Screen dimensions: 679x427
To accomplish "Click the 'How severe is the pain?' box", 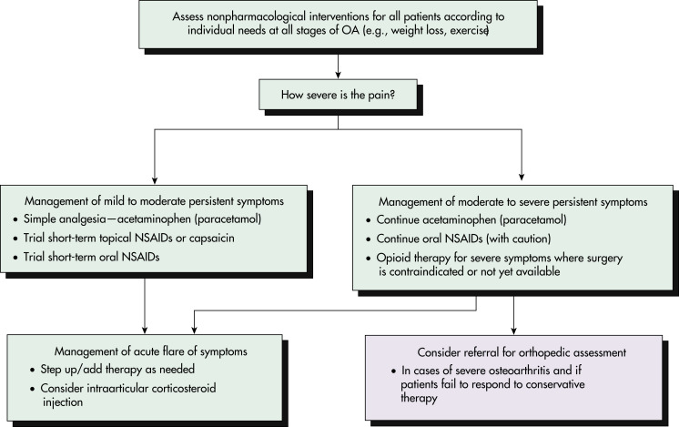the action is [x=339, y=95].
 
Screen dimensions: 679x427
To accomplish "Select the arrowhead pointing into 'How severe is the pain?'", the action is [x=339, y=75].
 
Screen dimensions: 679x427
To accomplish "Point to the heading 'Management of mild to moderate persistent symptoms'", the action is [x=154, y=201].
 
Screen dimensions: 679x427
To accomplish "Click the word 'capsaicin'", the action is [x=212, y=239].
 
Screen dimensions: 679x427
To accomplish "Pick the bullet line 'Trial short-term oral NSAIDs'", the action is [x=91, y=258].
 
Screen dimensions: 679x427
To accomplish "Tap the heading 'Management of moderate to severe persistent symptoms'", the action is [x=513, y=202].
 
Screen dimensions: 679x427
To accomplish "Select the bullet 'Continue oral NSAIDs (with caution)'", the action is [x=463, y=239].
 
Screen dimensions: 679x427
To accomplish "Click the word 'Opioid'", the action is [x=391, y=258].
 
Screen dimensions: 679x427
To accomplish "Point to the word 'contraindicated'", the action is [x=428, y=272].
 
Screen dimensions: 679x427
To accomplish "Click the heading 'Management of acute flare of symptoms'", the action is [x=151, y=351].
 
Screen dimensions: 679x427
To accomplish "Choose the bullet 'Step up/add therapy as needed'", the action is [x=117, y=370].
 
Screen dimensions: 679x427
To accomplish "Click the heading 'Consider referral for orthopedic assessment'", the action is [x=522, y=352].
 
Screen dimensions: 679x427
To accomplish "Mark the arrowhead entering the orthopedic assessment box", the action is [x=513, y=330].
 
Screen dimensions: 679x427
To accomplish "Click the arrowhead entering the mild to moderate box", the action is [x=155, y=180].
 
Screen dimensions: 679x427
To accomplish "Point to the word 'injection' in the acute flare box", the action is [x=63, y=402].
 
